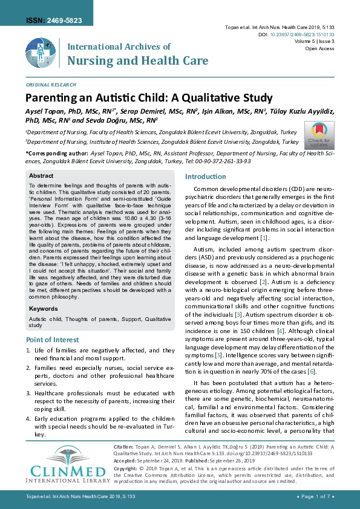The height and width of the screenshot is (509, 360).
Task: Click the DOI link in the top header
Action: pos(302,35)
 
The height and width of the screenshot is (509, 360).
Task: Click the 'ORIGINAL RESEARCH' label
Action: pos(51,85)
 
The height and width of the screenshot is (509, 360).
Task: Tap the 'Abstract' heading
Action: pos(42,175)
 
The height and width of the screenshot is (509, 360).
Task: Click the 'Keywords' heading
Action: pos(44,308)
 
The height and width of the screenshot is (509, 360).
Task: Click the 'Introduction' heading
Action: pos(205,177)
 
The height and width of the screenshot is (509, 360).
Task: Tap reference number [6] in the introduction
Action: pos(310,371)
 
